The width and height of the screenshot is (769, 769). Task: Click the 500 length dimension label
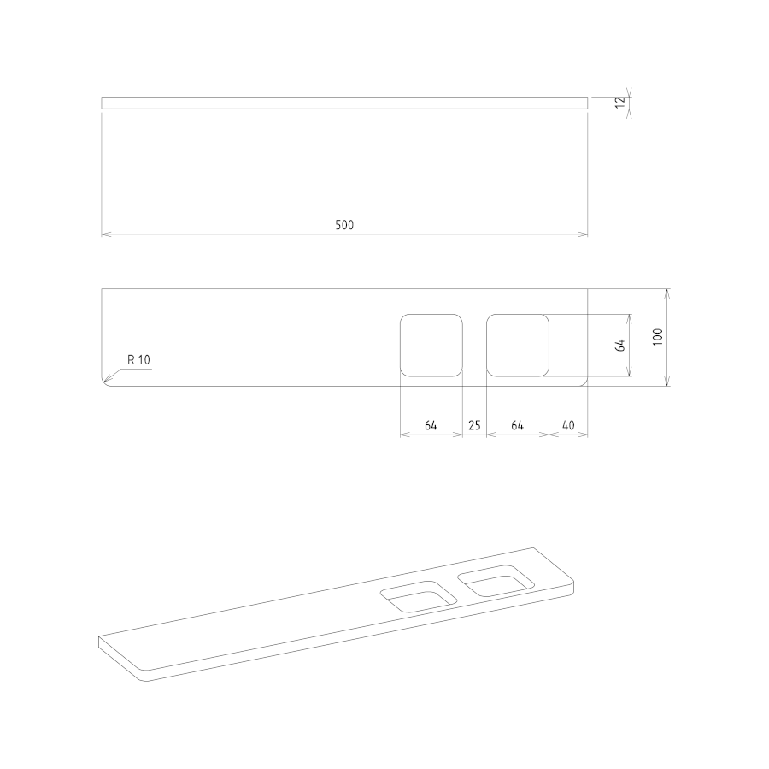click(344, 225)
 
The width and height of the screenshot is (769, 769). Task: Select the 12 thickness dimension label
click(620, 103)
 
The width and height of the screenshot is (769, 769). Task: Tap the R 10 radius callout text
click(138, 360)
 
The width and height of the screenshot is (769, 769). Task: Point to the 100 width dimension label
click(658, 337)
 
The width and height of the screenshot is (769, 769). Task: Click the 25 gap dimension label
click(474, 425)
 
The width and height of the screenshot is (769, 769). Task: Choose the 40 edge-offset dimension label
click(568, 425)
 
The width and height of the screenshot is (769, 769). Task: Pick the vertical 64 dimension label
click(620, 346)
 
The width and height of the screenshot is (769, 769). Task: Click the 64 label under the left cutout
click(431, 425)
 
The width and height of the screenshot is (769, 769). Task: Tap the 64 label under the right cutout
click(518, 425)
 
